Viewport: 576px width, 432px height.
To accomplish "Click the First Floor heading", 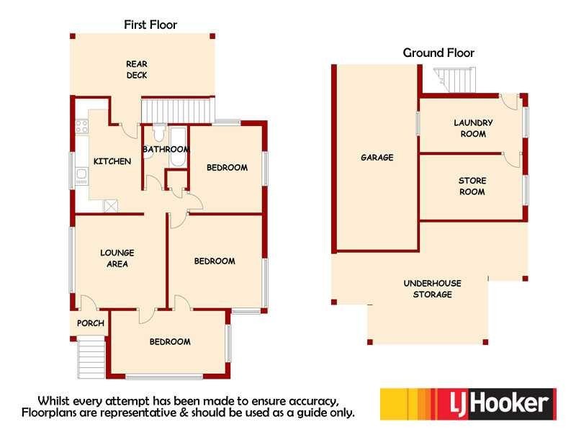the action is tap(150, 24).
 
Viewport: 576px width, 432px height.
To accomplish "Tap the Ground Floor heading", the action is tap(438, 53).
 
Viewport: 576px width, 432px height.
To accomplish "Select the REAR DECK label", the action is tap(137, 69).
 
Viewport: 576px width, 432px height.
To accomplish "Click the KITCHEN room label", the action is tap(112, 161).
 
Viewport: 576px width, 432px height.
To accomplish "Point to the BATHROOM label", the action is tap(166, 149).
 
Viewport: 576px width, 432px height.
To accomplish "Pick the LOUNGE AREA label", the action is tap(117, 258).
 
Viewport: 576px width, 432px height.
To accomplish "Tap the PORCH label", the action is tap(91, 323).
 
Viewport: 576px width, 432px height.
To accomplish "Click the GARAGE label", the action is tap(377, 158).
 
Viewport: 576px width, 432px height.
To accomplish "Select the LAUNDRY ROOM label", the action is tap(473, 128).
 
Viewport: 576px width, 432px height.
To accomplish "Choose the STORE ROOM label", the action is tap(472, 186).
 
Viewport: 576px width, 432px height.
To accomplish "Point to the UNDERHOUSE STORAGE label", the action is tap(433, 289).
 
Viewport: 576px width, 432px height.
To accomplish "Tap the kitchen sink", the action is tap(81, 176).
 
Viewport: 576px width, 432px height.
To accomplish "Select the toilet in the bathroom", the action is tap(158, 133).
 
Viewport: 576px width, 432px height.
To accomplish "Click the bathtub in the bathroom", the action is tap(178, 147).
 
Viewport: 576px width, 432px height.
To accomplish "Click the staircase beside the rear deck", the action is tap(178, 110).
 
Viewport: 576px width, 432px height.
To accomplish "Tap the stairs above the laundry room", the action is tap(455, 80).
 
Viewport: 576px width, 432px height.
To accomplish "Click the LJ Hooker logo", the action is tap(469, 404).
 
